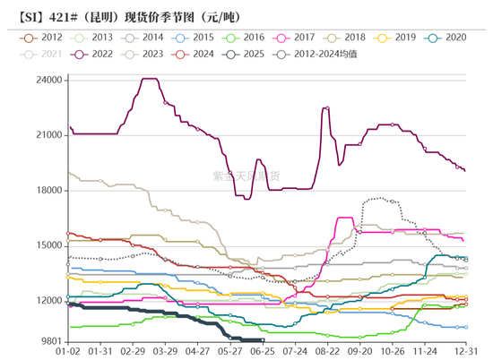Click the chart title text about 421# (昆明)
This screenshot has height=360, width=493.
pyautogui.click(x=125, y=16)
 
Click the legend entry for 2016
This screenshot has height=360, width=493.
pyautogui.click(x=248, y=38)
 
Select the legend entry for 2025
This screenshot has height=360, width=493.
pyautogui.click(x=250, y=55)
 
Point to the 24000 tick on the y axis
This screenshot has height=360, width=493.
pyautogui.click(x=48, y=81)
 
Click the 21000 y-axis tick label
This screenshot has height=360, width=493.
pyautogui.click(x=48, y=135)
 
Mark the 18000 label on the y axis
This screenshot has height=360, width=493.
pyautogui.click(x=48, y=191)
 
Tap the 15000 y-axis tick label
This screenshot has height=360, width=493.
pyautogui.click(x=48, y=245)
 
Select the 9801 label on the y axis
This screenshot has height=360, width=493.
pyautogui.click(x=51, y=341)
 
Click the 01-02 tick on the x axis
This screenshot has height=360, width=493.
pyautogui.click(x=68, y=352)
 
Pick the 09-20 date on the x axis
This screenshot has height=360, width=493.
pyautogui.click(x=360, y=352)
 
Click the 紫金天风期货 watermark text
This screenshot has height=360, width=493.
pyautogui.click(x=246, y=176)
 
